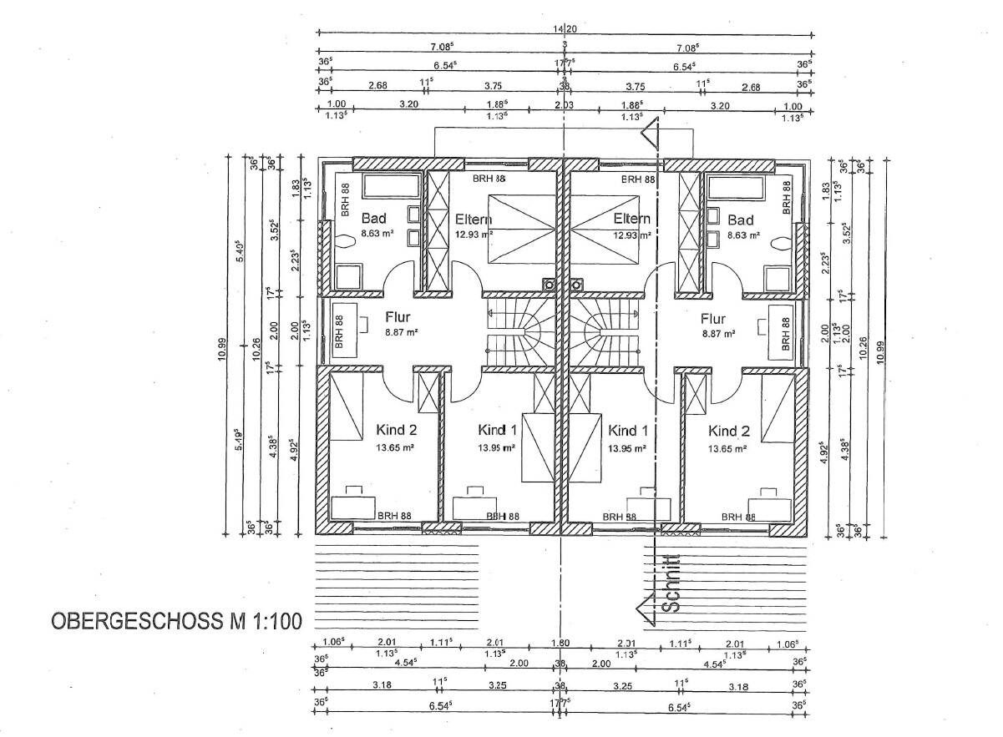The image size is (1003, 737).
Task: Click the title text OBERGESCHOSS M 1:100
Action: click(x=176, y=622)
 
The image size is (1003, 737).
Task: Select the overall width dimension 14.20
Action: click(x=565, y=28)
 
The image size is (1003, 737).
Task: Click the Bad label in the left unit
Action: click(x=373, y=220)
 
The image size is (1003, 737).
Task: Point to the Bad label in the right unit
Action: click(x=741, y=220)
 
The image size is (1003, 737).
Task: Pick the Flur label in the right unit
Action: click(x=713, y=318)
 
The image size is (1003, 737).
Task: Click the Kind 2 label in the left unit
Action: click(x=395, y=431)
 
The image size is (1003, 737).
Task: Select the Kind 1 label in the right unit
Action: click(x=628, y=431)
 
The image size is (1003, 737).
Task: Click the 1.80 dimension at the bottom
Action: click(x=560, y=643)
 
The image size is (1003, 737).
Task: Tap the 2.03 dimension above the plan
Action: click(x=565, y=105)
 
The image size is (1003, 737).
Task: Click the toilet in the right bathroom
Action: click(x=781, y=244)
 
